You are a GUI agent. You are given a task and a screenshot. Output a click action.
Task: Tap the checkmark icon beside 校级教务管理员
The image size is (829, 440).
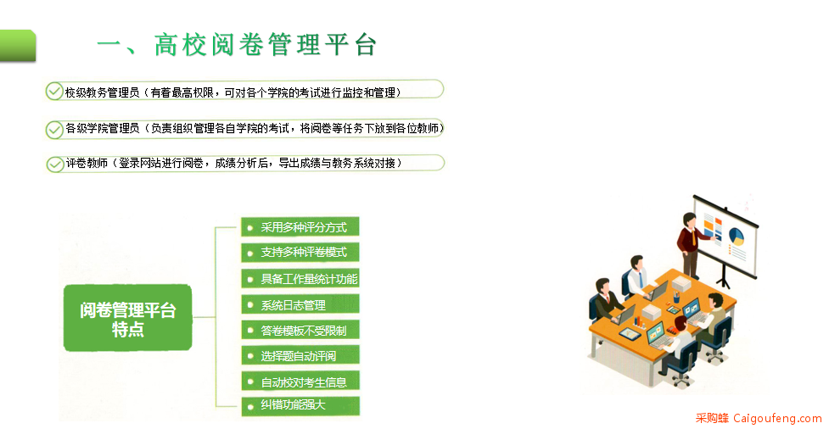pyautogui.click(x=54, y=92)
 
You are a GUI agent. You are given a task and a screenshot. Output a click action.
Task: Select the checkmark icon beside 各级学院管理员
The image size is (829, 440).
pyautogui.click(x=54, y=130)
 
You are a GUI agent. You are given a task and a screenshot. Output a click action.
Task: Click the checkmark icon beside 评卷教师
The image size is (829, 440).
pyautogui.click(x=54, y=164)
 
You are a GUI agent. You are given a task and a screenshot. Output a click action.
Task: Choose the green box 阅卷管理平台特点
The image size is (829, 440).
pyautogui.click(x=127, y=318)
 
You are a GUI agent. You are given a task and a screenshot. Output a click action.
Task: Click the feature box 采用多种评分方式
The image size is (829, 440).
pyautogui.click(x=300, y=226)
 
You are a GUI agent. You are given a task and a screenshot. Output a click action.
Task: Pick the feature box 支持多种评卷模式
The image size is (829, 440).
pyautogui.click(x=300, y=253)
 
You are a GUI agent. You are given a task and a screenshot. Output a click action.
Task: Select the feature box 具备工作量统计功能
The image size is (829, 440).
pyautogui.click(x=300, y=278)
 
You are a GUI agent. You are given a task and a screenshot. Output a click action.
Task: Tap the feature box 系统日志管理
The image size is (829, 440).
pyautogui.click(x=300, y=304)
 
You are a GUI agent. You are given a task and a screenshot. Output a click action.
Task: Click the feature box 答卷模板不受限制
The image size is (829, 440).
pyautogui.click(x=300, y=330)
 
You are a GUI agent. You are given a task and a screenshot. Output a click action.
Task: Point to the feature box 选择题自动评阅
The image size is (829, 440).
pyautogui.click(x=300, y=355)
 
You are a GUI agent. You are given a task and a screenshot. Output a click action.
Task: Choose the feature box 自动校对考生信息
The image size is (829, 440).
pyautogui.click(x=300, y=382)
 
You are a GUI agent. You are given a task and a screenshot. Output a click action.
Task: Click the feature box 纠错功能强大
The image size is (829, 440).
pyautogui.click(x=300, y=406)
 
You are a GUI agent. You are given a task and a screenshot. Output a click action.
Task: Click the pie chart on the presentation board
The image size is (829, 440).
pyautogui.click(x=736, y=237)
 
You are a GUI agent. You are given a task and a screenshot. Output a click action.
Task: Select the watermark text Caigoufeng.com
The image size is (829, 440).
pyautogui.click(x=777, y=418)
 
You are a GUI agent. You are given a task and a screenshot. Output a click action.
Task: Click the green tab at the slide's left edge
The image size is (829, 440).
pyautogui.click(x=18, y=46)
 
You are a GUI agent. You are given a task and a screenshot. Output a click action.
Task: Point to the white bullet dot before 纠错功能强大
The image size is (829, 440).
pyautogui.click(x=250, y=407)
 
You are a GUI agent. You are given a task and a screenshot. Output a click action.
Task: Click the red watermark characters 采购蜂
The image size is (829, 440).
pyautogui.click(x=712, y=418)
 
